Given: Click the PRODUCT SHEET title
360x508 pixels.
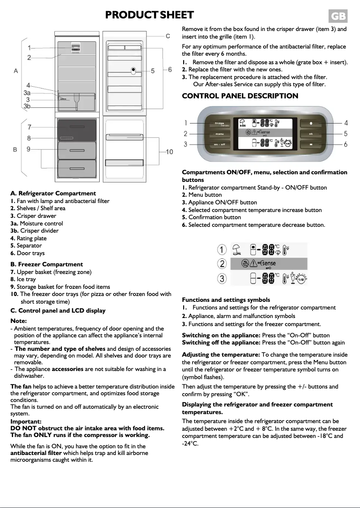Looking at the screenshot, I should coord(149,15).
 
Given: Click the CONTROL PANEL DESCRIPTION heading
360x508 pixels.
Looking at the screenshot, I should coord(240,96).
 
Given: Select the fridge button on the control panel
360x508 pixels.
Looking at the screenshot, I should coord(220,124).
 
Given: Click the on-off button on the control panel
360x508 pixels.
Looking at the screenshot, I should coord(220,144).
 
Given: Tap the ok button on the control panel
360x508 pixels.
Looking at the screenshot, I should coord(311,134).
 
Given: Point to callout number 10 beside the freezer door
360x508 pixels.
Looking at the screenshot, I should coord(169,152).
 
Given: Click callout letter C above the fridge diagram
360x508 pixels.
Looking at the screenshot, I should coord(168,36).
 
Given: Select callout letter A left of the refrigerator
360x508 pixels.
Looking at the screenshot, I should coord(16,71).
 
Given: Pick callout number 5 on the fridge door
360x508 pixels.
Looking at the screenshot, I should coord(153,71).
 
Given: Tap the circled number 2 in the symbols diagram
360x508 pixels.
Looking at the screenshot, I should coord(222,264).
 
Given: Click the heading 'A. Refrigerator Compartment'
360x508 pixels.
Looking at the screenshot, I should coord(53,193).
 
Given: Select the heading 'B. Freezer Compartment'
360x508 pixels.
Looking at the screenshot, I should coord(47,264).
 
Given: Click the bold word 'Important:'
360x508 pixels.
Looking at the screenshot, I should coord(26,421).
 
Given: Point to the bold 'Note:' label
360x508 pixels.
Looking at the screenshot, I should coord(18,321).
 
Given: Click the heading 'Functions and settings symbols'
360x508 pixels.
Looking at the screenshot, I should coord(226,300).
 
